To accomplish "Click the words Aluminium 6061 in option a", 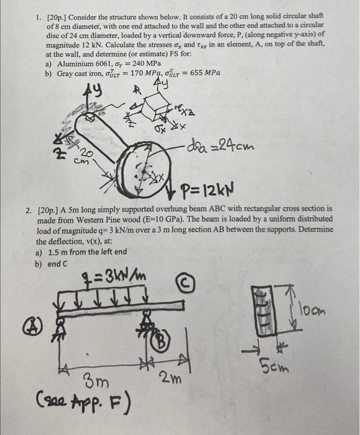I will click(82, 63).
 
